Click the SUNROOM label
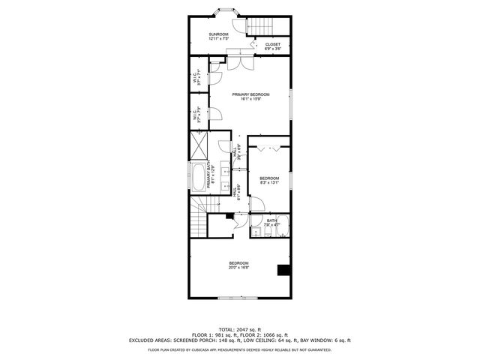(x=218, y=34)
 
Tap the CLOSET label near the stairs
(x=273, y=44)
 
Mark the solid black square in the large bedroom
(x=283, y=270)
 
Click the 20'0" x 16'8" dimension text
(x=239, y=267)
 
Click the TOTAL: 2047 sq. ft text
(x=239, y=329)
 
